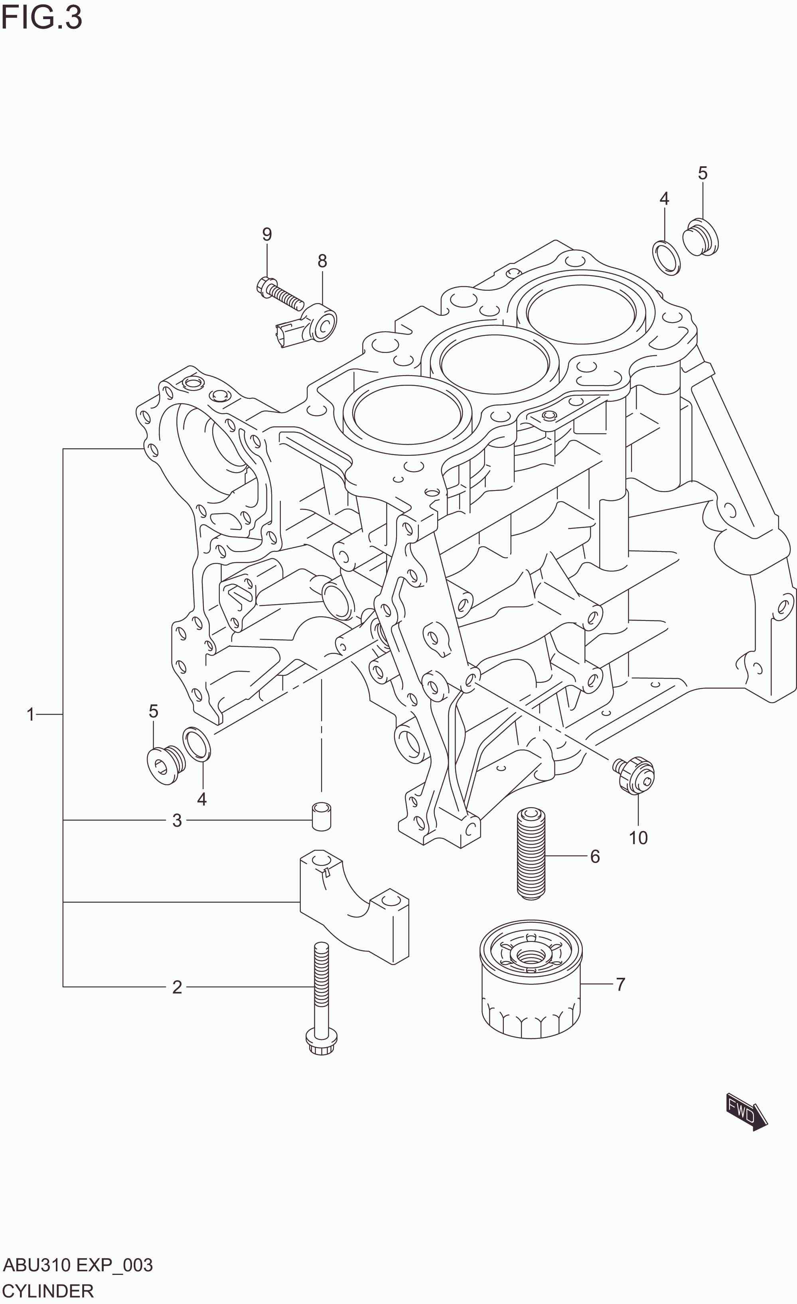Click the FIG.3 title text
point(41,18)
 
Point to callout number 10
point(638,838)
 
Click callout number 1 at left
point(31,715)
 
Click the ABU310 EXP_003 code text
point(78,1265)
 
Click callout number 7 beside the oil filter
point(620,984)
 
